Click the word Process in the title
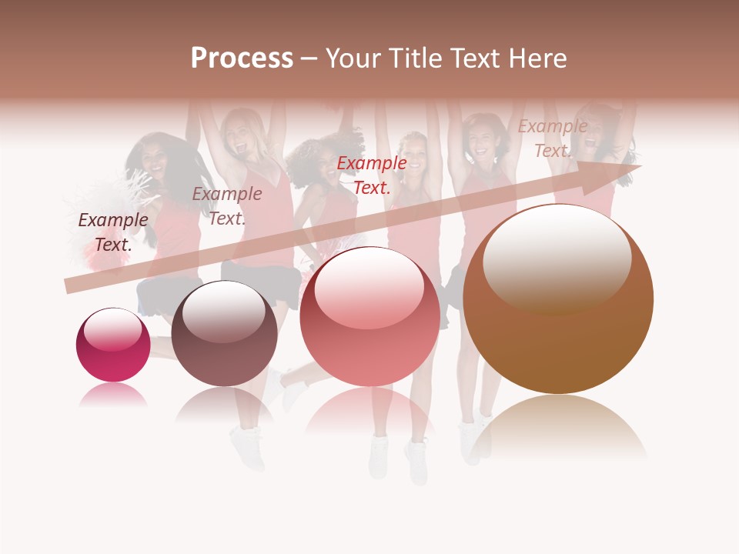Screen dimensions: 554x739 pyautogui.click(x=242, y=58)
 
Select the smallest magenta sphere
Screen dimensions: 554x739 pyautogui.click(x=113, y=345)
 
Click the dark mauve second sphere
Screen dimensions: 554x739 pyautogui.click(x=224, y=334)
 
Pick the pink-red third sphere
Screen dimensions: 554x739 pyautogui.click(x=369, y=316)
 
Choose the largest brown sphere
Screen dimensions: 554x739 pyautogui.click(x=558, y=299)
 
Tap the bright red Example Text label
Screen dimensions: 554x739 pyautogui.click(x=372, y=175)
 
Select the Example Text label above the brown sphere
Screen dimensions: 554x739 pyautogui.click(x=552, y=138)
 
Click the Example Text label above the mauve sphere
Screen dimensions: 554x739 pyautogui.click(x=227, y=205)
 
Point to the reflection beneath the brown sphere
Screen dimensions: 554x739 pyautogui.click(x=558, y=427)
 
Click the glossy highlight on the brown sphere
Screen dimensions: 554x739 pyautogui.click(x=557, y=258)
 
